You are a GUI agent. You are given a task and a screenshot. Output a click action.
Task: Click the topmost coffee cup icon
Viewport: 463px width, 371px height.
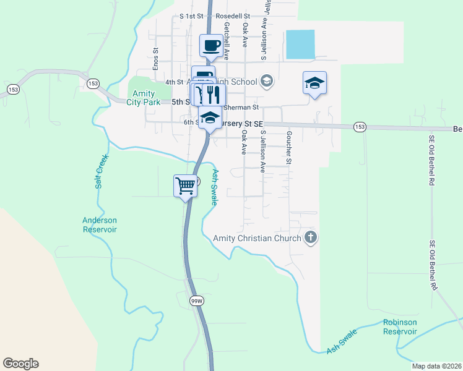pyautogui.click(x=211, y=45)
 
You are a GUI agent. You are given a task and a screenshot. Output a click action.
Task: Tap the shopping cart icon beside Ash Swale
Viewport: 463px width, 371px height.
pyautogui.click(x=185, y=184)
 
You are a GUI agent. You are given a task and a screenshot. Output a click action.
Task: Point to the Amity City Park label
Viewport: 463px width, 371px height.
pyautogui.click(x=143, y=98)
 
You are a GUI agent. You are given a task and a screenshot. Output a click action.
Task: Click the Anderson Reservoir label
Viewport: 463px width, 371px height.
pyautogui.click(x=100, y=224)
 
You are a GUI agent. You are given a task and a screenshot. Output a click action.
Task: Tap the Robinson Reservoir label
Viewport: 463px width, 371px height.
pyautogui.click(x=400, y=326)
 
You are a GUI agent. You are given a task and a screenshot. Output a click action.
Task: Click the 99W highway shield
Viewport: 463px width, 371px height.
pyautogui.click(x=196, y=300)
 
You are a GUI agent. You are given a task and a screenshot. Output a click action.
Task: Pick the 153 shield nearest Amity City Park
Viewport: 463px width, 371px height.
pyautogui.click(x=93, y=83)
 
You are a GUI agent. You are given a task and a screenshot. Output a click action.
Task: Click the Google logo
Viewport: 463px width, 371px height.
pyautogui.click(x=20, y=364)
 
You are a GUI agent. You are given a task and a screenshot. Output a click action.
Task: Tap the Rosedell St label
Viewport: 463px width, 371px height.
pyautogui.click(x=232, y=16)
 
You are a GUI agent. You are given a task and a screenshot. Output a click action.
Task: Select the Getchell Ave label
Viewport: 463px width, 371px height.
pyautogui.click(x=227, y=41)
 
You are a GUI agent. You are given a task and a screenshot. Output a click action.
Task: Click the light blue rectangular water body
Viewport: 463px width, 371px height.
pyautogui.click(x=300, y=45)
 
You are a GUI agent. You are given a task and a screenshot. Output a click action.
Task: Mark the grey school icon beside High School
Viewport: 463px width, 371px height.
pyautogui.click(x=267, y=81)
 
